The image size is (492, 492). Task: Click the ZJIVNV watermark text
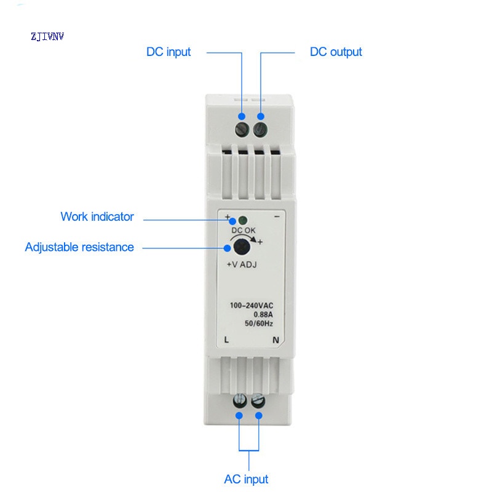(x=47, y=36)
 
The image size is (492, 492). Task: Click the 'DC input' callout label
(x=168, y=52)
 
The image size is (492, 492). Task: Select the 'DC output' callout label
(x=335, y=52)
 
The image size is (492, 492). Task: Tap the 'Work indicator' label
(x=97, y=216)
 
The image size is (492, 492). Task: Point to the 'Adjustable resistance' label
(x=79, y=247)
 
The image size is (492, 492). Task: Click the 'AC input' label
(x=246, y=479)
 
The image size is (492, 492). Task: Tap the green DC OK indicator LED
(x=242, y=220)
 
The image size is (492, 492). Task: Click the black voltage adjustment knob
(x=241, y=248)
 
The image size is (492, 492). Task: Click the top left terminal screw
(x=242, y=129)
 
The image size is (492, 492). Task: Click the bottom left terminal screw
(x=239, y=402)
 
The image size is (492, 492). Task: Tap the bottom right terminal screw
(x=258, y=402)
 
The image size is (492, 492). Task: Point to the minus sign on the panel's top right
(x=277, y=217)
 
